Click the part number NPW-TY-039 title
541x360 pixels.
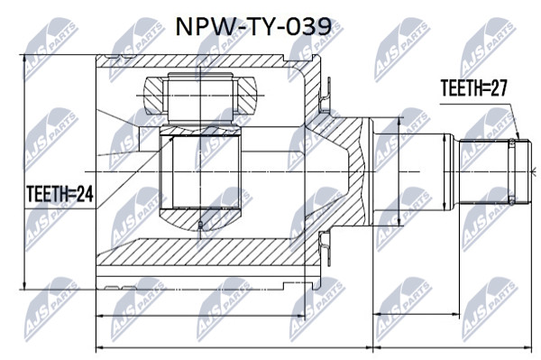[x=253, y=28]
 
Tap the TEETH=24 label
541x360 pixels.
[x=60, y=194]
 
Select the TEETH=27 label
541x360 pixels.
[x=474, y=88]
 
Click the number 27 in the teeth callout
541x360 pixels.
[x=499, y=88]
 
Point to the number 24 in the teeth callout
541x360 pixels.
[x=85, y=194]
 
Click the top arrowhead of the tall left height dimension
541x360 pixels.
[x=24, y=60]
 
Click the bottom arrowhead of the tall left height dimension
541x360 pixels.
[x=24, y=285]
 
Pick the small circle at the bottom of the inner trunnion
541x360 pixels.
[x=200, y=226]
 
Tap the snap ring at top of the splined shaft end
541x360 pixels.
[x=511, y=142]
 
